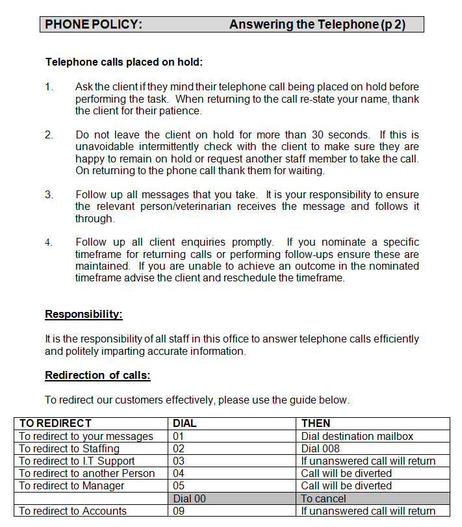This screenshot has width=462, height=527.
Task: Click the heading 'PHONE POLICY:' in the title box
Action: tap(94, 25)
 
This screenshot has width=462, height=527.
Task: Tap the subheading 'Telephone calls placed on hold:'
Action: tap(124, 62)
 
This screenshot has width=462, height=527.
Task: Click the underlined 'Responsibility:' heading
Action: tap(84, 315)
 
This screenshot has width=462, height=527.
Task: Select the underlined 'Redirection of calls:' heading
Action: tap(97, 376)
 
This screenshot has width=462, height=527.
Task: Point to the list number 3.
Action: tap(49, 195)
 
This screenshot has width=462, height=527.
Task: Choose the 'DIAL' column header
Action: tap(185, 423)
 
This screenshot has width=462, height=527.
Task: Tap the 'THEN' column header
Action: tap(316, 423)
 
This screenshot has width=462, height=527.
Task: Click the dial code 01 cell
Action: tap(179, 436)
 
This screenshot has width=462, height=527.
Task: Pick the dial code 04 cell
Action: tap(179, 474)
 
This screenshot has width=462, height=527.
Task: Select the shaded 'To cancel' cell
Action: tap(324, 498)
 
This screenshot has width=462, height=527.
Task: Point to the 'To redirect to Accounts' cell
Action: tap(73, 511)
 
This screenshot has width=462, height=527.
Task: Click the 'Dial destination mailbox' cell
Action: tap(357, 436)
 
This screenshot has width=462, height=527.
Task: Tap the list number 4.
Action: tap(49, 242)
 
